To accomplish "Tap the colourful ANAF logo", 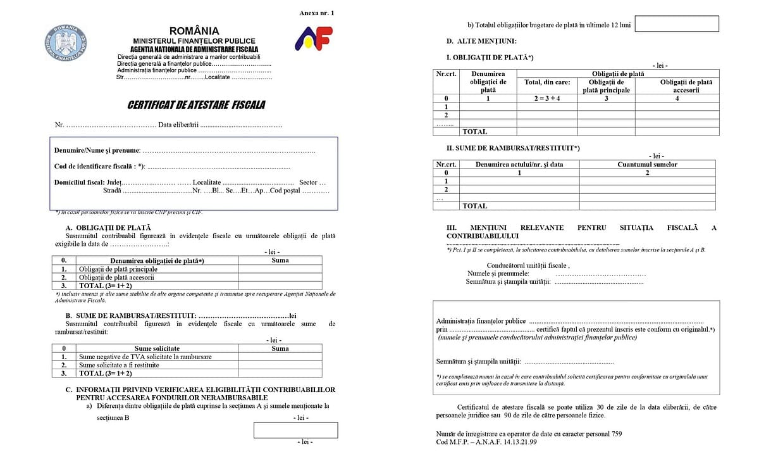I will click(x=314, y=39).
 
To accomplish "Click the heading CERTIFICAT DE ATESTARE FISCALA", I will click(x=197, y=104).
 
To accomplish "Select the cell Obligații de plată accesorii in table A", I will click(x=116, y=277).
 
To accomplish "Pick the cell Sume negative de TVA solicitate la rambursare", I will click(x=145, y=357).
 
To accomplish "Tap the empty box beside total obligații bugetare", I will click(x=677, y=24).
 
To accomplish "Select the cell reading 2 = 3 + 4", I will click(x=547, y=98).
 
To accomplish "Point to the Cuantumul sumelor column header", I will click(x=647, y=165).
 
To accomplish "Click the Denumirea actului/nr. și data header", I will click(x=519, y=165).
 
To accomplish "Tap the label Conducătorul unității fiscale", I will click(x=528, y=265).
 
